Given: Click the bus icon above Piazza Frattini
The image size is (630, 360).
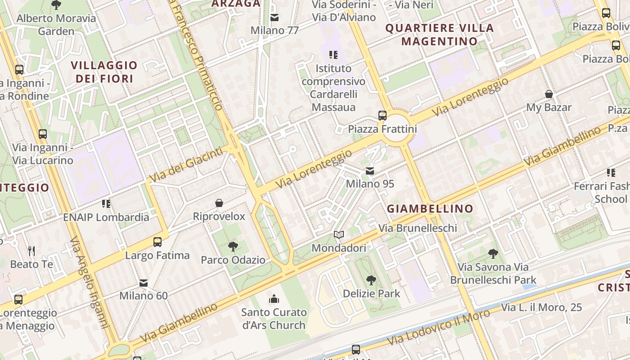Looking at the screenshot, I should tap(382, 115).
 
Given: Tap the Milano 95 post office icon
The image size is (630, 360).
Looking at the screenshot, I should tap(370, 171).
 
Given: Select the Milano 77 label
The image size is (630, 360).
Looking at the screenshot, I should tap(274, 31).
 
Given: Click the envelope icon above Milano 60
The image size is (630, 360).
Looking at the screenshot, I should tap(144, 283).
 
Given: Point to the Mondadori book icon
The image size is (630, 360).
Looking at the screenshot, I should tap(339, 235).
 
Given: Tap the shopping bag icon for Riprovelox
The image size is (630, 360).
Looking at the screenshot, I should tap(219, 203).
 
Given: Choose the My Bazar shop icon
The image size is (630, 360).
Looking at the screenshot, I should tap(549, 94).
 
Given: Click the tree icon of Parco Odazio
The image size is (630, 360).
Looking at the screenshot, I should tap(233, 247).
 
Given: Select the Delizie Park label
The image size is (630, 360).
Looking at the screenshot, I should tap(371, 293).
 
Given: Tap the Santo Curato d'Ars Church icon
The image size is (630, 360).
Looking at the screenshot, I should tap(274, 299).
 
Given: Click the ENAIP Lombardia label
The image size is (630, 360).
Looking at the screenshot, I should tap(106, 217).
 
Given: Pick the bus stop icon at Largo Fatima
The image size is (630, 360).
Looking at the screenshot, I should tap(157, 242).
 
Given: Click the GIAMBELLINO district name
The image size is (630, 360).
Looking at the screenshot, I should tap(430, 209).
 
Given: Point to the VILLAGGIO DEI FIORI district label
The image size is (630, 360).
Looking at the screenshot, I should tap(104, 72).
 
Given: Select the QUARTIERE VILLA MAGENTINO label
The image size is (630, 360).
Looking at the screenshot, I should tap(440, 35).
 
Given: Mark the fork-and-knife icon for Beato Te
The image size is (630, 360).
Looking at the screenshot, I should tap(31, 251).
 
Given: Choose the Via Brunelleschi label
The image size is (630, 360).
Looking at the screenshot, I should tap(418, 228).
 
